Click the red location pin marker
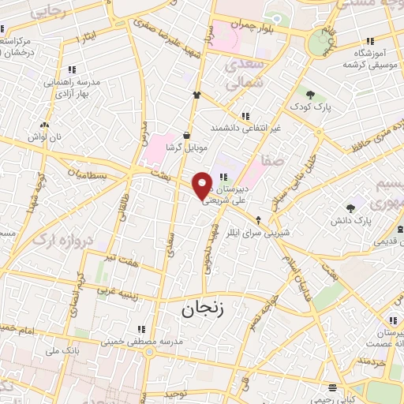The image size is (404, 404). point(203,185)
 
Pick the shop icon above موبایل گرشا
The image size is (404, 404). point(186,134)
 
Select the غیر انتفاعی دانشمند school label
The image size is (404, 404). point(245,127)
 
